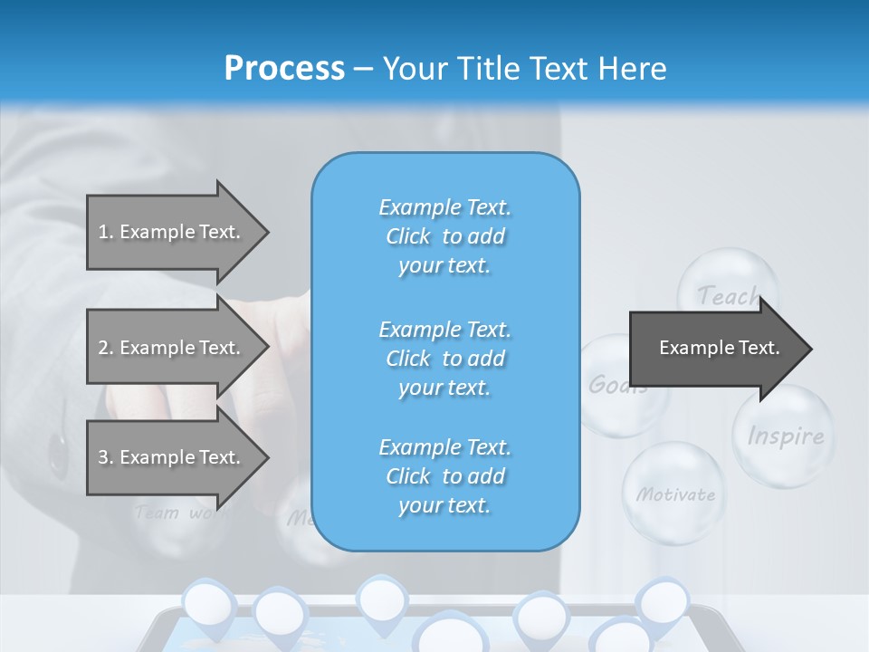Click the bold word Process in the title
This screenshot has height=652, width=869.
284,69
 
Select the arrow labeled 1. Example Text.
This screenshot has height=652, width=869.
172,232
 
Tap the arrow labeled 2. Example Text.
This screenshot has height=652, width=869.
172,348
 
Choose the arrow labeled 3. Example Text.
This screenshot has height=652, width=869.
172,457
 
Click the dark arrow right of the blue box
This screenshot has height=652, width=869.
715,349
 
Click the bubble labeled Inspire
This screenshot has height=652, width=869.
785,436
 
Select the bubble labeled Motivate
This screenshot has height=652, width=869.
674,494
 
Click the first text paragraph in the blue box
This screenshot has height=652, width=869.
444,236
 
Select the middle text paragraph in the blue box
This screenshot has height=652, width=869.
444,359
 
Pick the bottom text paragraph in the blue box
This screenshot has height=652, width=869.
444,476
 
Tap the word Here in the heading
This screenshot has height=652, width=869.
633,69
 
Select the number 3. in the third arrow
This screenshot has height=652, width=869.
105,457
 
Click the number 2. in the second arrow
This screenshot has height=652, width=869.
105,348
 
